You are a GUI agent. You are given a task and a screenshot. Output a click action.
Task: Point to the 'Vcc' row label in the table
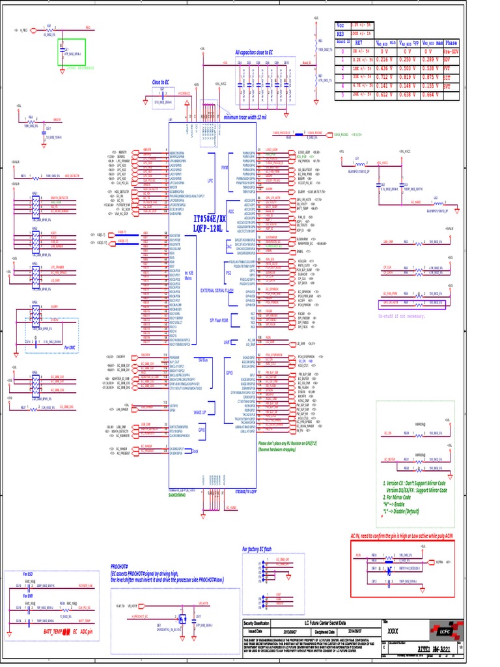(340, 25)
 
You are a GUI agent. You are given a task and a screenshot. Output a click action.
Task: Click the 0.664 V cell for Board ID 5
(428, 94)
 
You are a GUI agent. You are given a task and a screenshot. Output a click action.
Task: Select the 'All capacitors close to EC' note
(258, 53)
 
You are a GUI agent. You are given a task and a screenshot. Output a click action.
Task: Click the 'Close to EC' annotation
(160, 82)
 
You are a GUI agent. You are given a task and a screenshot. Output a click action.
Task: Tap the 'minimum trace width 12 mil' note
(245, 117)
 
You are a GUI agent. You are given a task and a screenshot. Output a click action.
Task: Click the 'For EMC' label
(70, 348)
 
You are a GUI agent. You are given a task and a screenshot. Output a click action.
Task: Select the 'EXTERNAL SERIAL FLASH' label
(217, 290)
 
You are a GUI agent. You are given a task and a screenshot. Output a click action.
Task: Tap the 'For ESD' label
(27, 574)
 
